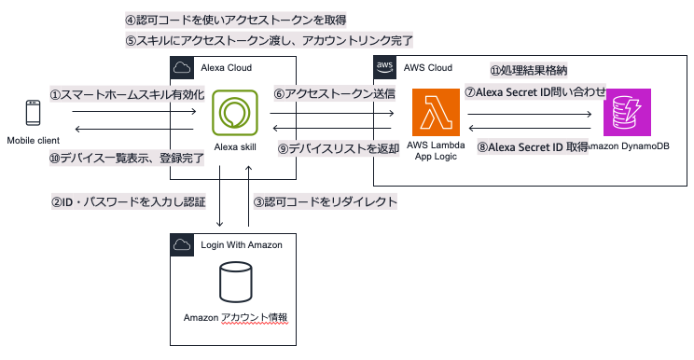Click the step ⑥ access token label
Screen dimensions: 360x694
tap(334, 93)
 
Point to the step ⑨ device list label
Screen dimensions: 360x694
tap(339, 148)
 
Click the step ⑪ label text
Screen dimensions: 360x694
tap(529, 71)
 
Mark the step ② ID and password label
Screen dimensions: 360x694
tap(128, 201)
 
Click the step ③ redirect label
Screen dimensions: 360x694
tap(326, 201)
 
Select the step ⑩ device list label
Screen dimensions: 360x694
tap(126, 159)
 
